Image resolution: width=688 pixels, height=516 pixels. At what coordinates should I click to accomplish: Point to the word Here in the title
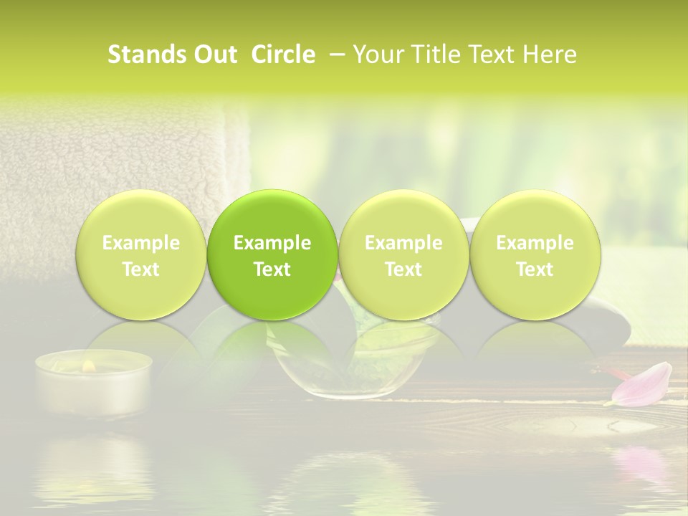point(550,54)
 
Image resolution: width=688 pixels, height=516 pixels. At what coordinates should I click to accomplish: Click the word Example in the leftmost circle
point(141,243)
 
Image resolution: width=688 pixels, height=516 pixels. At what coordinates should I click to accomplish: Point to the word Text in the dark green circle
point(272,269)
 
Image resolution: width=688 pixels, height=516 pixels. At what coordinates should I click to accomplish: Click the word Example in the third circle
point(403,243)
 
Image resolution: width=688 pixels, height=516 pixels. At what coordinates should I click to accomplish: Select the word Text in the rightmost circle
point(535,269)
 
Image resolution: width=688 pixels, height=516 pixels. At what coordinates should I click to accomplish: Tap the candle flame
point(89,365)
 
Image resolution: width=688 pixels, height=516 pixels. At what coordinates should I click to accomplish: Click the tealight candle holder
point(93,387)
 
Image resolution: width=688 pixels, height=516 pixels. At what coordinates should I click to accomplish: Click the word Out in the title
point(216,54)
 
